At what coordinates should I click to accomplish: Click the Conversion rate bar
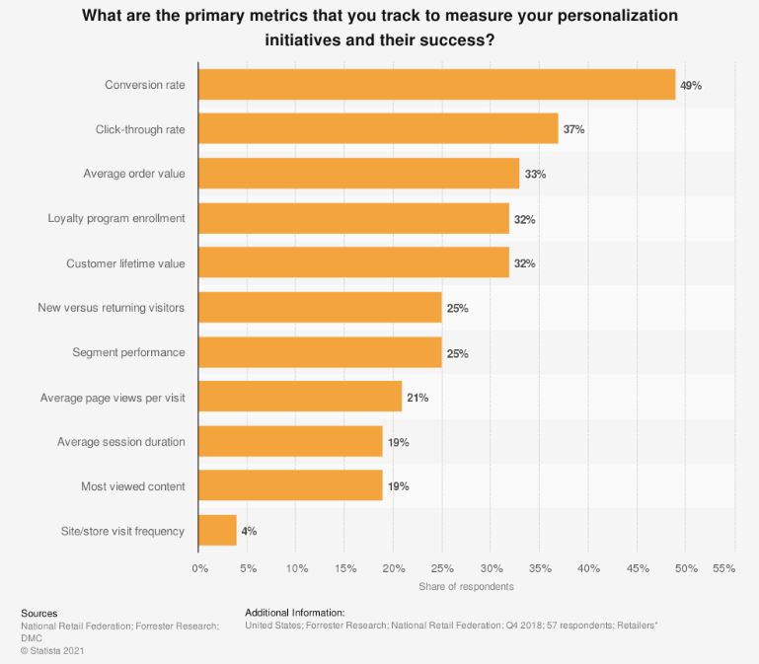pyautogui.click(x=437, y=85)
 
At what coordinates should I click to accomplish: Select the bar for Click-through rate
pyautogui.click(x=378, y=129)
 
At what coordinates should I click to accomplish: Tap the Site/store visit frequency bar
pyautogui.click(x=217, y=531)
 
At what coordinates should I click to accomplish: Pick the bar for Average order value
pyautogui.click(x=359, y=174)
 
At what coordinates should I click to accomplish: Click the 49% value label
pyautogui.click(x=691, y=86)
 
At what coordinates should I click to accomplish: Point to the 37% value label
pyautogui.click(x=573, y=130)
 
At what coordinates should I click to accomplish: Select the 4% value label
pyautogui.click(x=249, y=531)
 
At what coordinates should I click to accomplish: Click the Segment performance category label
pyautogui.click(x=128, y=352)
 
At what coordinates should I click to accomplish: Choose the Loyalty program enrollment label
pyautogui.click(x=116, y=218)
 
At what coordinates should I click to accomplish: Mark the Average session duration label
pyautogui.click(x=120, y=442)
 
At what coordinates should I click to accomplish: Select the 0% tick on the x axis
pyautogui.click(x=199, y=568)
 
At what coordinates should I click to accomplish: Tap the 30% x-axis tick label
pyautogui.click(x=492, y=568)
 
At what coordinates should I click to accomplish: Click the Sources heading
pyautogui.click(x=39, y=613)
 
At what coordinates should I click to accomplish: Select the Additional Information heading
pyautogui.click(x=294, y=613)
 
